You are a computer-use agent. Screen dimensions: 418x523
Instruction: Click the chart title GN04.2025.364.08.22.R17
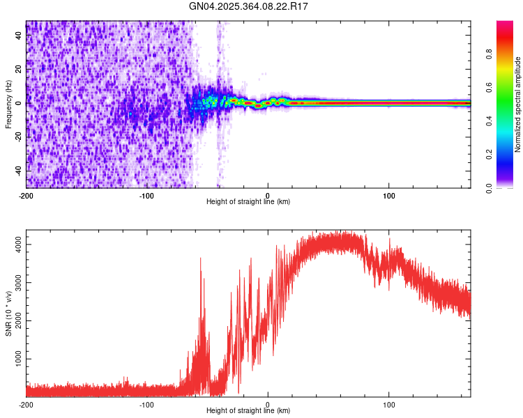(249, 6)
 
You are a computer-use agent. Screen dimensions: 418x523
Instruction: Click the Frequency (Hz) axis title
(8, 104)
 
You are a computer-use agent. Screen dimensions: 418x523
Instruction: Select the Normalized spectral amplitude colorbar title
(518, 104)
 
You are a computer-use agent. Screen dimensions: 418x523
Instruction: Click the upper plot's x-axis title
(248, 201)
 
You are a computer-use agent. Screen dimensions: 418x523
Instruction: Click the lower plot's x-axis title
(248, 410)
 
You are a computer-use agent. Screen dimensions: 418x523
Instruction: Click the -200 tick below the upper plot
(26, 194)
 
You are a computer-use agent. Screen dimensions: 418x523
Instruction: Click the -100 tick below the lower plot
(147, 404)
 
